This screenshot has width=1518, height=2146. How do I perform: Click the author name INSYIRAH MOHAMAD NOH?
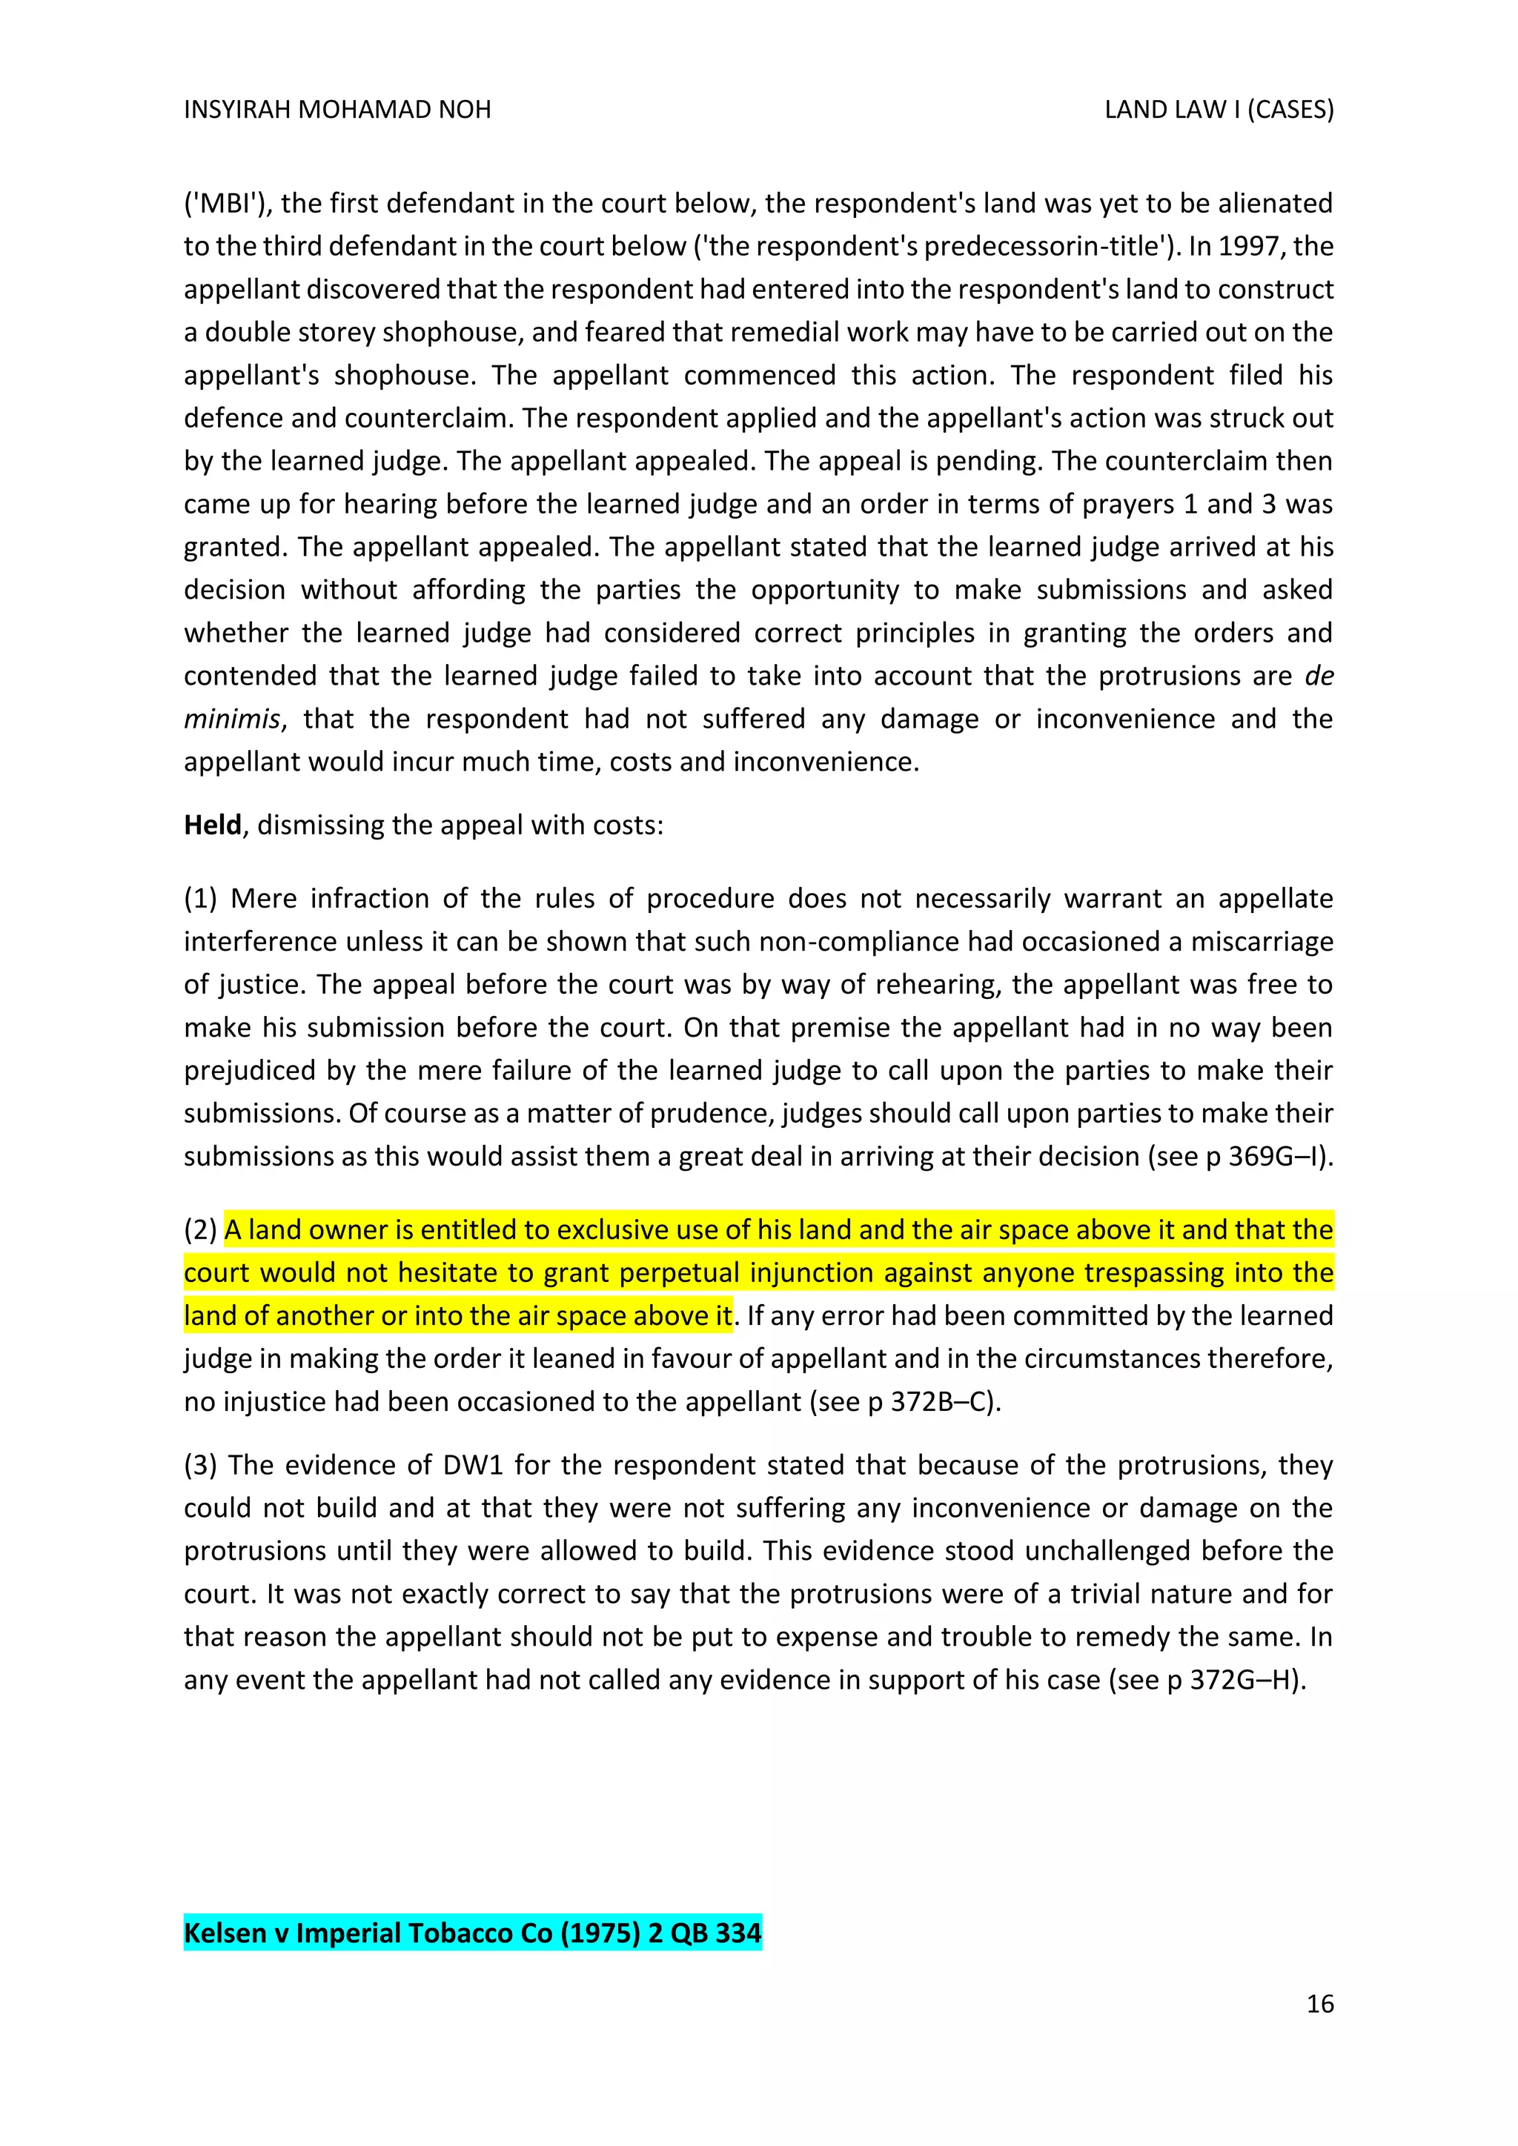pos(337,110)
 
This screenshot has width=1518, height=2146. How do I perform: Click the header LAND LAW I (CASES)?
pos(1218,110)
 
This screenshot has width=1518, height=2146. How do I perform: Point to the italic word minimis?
pos(231,719)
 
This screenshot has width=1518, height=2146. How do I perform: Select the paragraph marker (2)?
pos(200,1229)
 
